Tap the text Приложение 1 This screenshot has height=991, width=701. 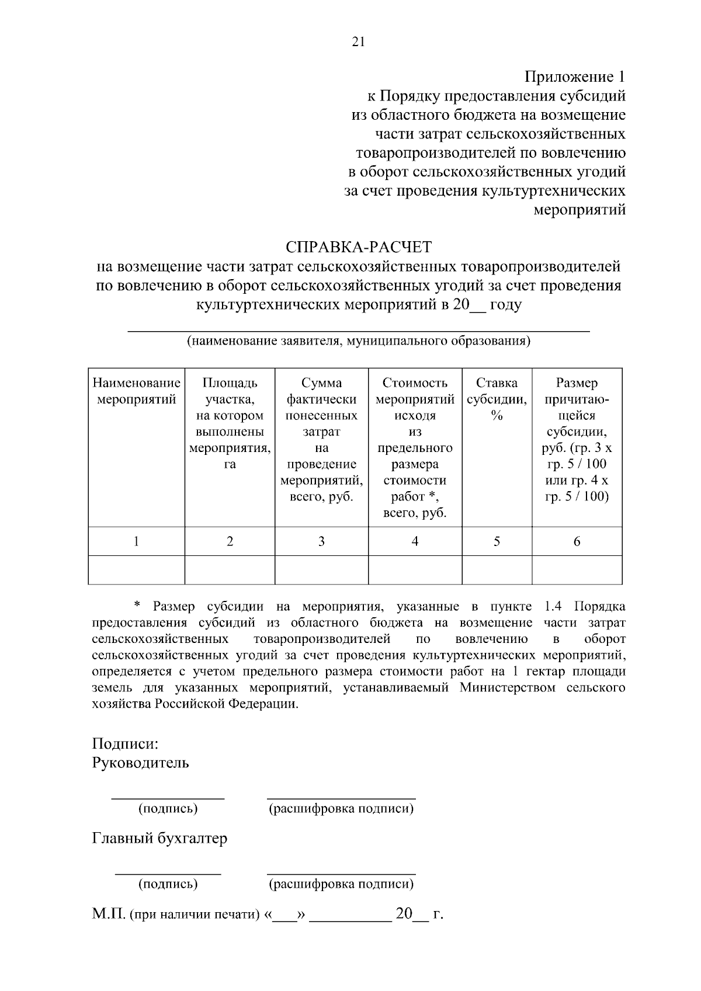575,77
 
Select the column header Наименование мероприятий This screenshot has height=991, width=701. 136,391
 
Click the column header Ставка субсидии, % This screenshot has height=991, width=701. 497,399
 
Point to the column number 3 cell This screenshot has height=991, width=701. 321,541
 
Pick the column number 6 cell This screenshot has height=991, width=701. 577,541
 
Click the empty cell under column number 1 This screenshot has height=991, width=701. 136,570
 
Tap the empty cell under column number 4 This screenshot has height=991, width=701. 415,570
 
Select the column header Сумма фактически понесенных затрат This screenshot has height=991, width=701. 321,440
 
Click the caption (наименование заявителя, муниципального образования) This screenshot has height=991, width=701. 358,341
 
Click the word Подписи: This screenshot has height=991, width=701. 126,744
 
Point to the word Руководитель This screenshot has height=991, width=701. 140,763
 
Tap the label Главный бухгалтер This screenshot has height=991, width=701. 159,839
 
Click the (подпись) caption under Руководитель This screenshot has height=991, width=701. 168,809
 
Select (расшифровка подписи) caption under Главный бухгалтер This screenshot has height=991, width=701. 341,884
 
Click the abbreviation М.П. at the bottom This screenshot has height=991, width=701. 109,914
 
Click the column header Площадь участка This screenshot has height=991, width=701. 230,424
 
